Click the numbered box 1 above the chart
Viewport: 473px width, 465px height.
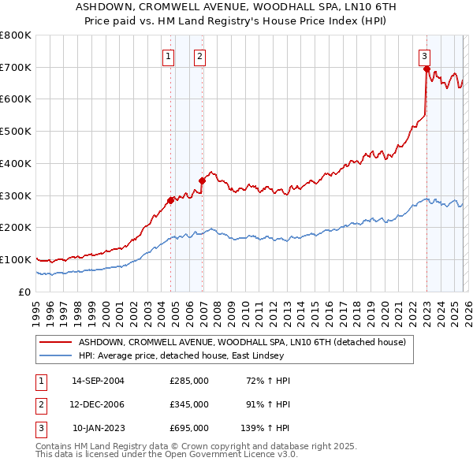pos(168,56)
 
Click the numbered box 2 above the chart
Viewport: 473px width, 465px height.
pos(199,56)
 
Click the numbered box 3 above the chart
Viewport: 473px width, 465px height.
pos(424,56)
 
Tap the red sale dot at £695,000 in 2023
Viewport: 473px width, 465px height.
pos(426,69)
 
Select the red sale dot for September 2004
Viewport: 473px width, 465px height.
pos(170,199)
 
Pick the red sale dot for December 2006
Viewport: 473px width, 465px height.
pos(203,180)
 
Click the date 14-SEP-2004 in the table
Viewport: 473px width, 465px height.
pos(98,381)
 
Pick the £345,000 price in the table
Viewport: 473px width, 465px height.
pos(189,404)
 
